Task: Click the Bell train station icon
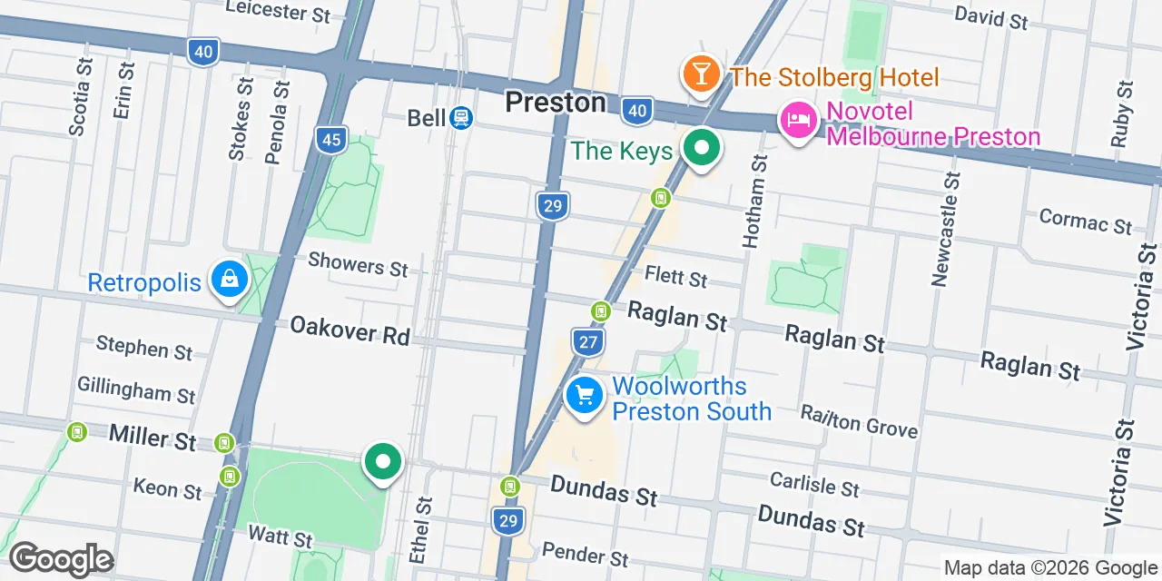pos(461,118)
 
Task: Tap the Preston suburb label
pos(555,103)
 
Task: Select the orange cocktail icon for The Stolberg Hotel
pos(701,75)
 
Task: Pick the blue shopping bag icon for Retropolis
pos(231,281)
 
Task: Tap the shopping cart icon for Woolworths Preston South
pos(585,397)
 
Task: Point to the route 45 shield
pos(332,139)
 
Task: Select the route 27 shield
pos(588,341)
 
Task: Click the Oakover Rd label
pos(350,331)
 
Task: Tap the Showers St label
pos(358,265)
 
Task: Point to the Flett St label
pos(675,275)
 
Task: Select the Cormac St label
pos(1085,221)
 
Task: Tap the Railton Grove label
pos(859,420)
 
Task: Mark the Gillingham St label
pos(136,390)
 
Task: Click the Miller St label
pos(152,438)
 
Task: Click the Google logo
pos(61,559)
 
